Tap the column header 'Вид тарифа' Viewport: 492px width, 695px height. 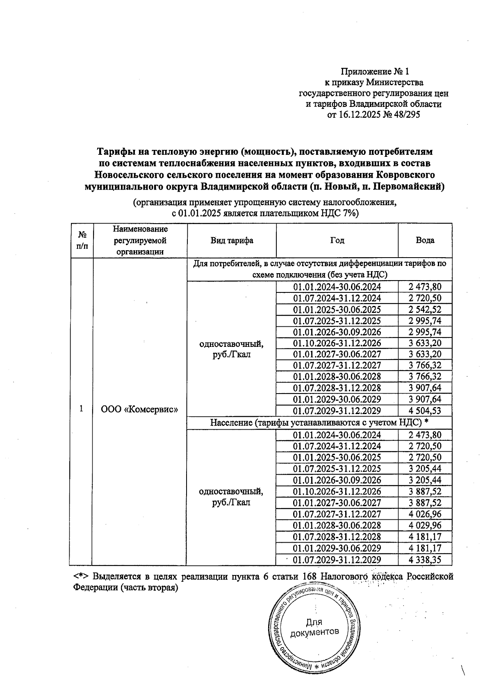point(232,241)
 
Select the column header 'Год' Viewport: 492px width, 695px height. point(337,241)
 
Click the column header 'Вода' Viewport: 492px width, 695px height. point(425,241)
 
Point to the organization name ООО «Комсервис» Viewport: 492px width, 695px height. point(139,409)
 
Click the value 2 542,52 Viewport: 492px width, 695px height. point(425,310)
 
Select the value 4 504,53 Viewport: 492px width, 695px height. point(425,411)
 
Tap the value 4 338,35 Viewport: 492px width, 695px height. point(425,560)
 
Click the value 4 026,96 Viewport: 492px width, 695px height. point(425,514)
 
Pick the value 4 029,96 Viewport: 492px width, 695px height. point(425,525)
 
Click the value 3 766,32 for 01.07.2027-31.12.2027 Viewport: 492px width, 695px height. point(425,365)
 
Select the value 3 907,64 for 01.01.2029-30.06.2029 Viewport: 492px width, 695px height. point(425,399)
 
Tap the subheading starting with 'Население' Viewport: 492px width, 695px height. point(319,423)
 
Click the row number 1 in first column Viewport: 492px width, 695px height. point(82,409)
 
